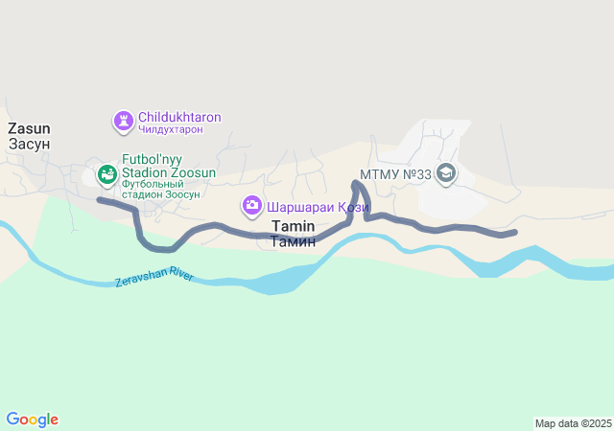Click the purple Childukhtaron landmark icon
124,122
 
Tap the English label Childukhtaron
179,117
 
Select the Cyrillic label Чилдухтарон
171,129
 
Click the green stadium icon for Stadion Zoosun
107,173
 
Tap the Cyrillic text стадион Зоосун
160,194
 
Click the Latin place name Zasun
29,127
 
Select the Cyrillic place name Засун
29,144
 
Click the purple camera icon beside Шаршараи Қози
252,205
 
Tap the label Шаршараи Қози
305,205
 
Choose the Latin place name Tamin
293,226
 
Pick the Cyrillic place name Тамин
293,241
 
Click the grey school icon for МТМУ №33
445,173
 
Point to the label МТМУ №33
395,174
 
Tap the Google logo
32,420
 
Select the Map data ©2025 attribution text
573,423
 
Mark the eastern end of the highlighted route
515,232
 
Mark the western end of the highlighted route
100,199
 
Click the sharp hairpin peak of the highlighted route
356,182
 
